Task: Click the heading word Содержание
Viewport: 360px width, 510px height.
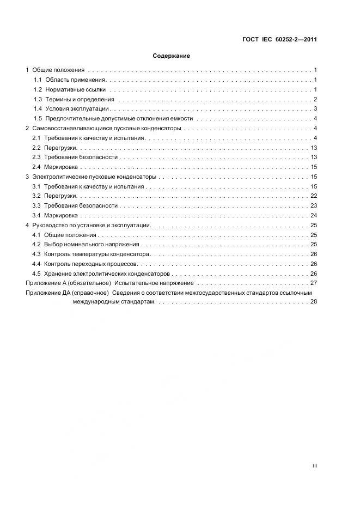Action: coord(171,56)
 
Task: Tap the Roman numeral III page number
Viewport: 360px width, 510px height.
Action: coord(315,466)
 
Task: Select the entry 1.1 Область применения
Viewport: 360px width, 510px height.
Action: coord(68,80)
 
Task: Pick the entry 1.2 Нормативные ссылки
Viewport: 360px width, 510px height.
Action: coord(70,89)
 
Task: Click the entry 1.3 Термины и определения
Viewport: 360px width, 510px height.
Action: coord(74,99)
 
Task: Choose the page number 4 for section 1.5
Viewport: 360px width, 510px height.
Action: coord(315,119)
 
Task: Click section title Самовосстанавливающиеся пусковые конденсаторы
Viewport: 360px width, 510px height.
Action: coord(107,129)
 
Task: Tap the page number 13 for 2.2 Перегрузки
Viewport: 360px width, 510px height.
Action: coord(314,148)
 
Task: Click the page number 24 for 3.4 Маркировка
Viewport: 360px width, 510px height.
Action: coord(314,216)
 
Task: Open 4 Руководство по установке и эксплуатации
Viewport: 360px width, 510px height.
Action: coord(90,225)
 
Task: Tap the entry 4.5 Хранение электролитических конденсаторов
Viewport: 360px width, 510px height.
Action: coord(101,274)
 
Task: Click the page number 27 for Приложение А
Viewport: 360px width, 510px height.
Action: coord(314,283)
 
